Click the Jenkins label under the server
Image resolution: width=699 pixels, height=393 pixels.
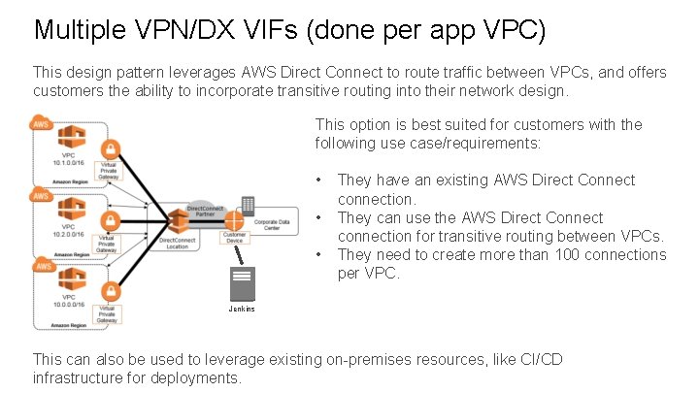(x=242, y=309)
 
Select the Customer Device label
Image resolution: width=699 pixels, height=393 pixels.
(x=234, y=238)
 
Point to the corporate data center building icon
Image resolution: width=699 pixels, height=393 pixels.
(x=248, y=206)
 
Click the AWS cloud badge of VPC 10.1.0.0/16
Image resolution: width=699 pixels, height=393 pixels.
(x=41, y=123)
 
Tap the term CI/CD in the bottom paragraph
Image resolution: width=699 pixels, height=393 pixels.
(x=535, y=360)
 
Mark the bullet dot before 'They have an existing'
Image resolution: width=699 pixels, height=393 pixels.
(x=320, y=180)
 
